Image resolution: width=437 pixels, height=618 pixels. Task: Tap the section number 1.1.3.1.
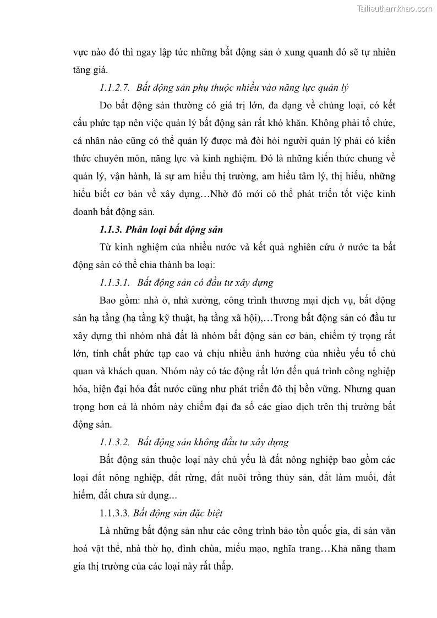tap(114, 283)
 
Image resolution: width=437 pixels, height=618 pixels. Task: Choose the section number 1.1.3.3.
tap(114, 513)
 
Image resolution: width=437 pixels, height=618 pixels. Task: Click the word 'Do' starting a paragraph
tap(106, 105)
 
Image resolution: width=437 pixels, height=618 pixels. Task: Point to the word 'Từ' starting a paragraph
tap(106, 247)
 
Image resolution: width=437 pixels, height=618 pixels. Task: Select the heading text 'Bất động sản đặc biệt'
tap(178, 513)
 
